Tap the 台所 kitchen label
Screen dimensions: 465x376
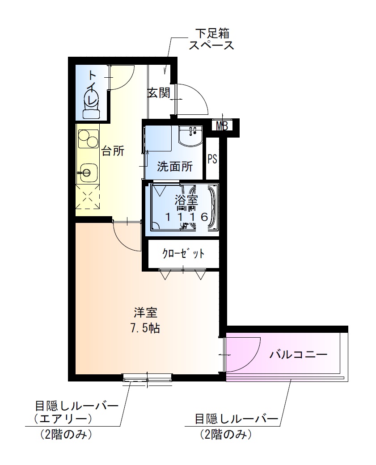click(113, 151)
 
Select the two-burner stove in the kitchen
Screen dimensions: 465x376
click(88, 138)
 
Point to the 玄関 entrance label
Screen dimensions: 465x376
click(159, 93)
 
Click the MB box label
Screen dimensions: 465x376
click(222, 126)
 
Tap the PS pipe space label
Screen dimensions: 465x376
click(212, 159)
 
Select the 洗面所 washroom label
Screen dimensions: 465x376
click(174, 167)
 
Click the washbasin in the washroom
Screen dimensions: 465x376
click(190, 136)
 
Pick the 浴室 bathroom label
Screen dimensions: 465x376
click(186, 200)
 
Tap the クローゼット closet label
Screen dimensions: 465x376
click(183, 254)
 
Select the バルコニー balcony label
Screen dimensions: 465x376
click(298, 355)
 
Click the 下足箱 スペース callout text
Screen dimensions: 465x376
click(211, 39)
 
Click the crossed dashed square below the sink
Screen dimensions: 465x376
click(88, 199)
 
